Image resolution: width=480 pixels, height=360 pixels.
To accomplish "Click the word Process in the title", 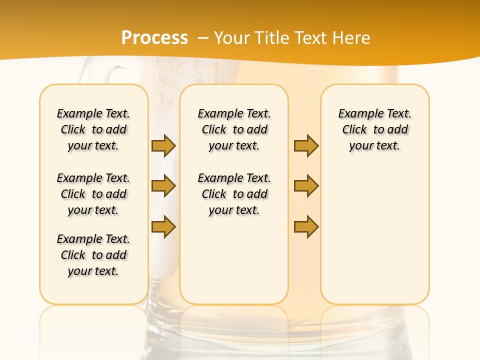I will point(154,38).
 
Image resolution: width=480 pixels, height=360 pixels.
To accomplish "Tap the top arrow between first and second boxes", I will point(163,145).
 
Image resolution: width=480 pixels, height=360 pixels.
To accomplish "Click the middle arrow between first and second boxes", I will point(163,186).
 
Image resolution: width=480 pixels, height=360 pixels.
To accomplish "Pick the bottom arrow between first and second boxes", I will point(163,226).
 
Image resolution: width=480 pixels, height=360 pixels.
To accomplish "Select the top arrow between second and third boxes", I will point(306,145).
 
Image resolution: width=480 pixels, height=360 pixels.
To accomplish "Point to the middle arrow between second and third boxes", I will point(306,186).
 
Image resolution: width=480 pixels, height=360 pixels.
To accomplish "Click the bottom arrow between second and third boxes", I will point(306,226).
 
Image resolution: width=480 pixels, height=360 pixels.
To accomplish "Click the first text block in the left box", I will point(93,129).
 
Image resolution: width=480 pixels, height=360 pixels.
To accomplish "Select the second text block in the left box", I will point(93,194).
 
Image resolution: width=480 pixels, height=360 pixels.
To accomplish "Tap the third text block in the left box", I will point(93,255).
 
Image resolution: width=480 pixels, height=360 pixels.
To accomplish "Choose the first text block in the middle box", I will point(234,129).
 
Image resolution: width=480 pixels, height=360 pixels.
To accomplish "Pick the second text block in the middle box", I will point(234,194).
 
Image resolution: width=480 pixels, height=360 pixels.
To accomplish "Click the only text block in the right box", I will point(375,129).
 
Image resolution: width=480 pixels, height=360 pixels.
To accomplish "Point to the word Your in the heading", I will point(231,38).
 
